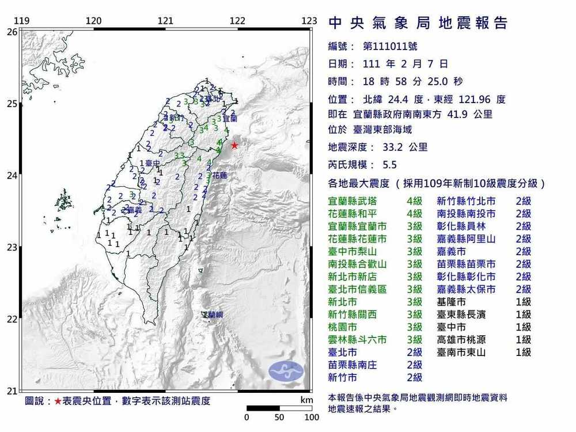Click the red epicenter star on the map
point(234,145)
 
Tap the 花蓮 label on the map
point(219,174)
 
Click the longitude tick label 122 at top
point(237,21)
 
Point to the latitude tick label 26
point(12,32)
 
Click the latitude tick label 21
point(12,392)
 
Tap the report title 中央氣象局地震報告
point(418,24)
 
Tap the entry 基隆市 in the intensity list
point(452,302)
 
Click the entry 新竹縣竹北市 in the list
point(467,201)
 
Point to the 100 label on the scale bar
point(312,417)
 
